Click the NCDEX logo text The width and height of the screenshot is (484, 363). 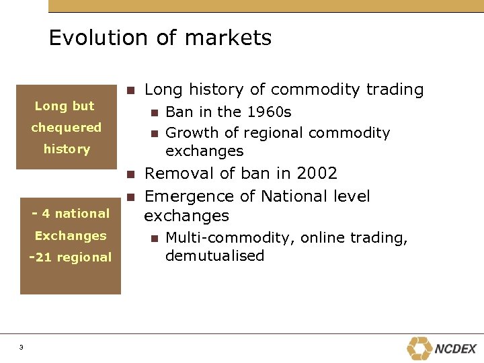456,349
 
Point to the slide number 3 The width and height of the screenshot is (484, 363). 22,347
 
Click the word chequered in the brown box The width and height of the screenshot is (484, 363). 67,127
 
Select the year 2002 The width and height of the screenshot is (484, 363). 315,173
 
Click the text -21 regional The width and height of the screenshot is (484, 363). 71,257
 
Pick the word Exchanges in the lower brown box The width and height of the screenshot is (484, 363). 71,235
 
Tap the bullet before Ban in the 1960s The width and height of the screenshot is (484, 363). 154,112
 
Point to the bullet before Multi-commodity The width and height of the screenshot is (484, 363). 154,238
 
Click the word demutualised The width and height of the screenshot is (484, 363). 214,256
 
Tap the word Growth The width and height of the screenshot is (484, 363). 189,133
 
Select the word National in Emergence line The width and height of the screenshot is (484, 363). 292,196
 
